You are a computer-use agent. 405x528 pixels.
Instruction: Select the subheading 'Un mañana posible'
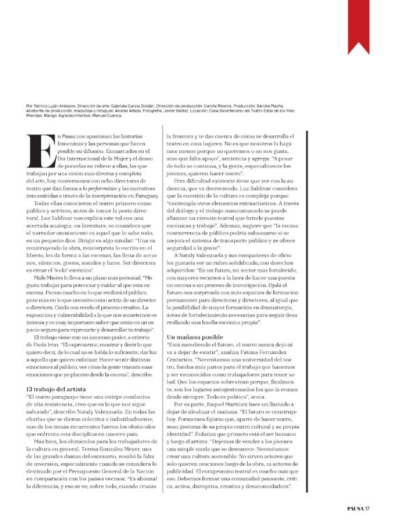click(x=193, y=356)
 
